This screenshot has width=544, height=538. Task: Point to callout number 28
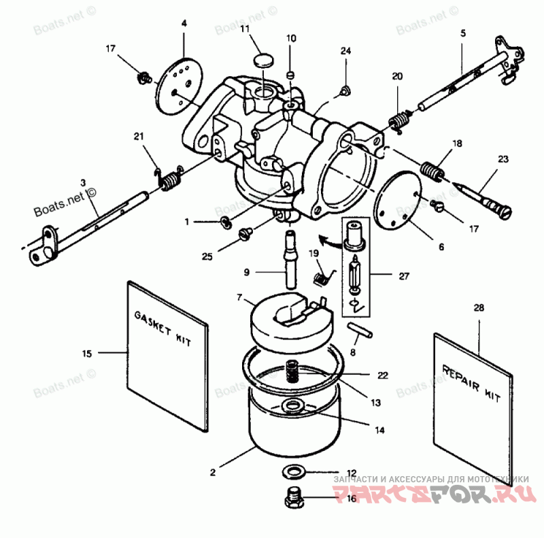tap(479, 308)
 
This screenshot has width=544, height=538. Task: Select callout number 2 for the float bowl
tap(213, 471)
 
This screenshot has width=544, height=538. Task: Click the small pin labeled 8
tap(358, 328)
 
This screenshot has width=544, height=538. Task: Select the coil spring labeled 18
tap(432, 168)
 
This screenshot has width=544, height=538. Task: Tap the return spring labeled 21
tap(171, 180)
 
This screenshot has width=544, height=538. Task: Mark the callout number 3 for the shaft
tap(82, 182)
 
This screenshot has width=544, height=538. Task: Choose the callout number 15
tap(86, 353)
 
